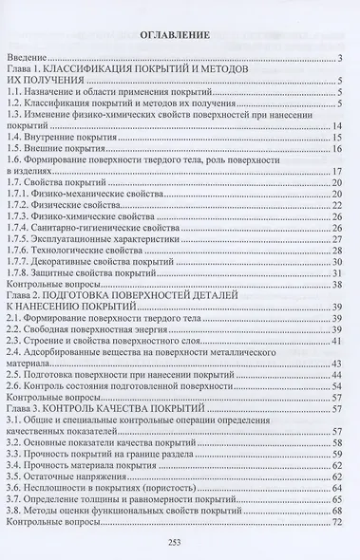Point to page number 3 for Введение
pos(338,60)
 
